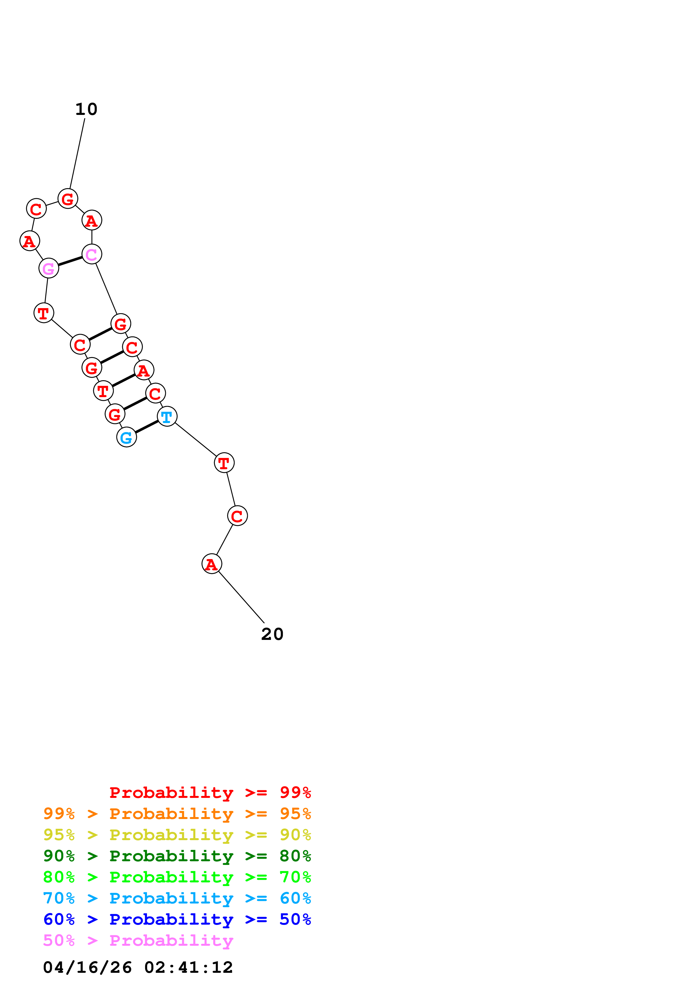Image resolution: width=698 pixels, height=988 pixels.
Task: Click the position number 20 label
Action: [x=272, y=634]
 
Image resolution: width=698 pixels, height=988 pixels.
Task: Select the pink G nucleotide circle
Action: [x=49, y=268]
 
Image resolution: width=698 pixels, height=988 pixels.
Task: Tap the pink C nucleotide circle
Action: [x=92, y=254]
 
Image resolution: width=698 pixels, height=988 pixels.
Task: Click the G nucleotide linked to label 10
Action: [x=68, y=199]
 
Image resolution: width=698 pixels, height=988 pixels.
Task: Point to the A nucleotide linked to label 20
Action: [x=211, y=564]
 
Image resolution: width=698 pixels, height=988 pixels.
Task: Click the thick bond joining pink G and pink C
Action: [x=70, y=261]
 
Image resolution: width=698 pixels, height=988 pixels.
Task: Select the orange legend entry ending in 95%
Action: [x=177, y=814]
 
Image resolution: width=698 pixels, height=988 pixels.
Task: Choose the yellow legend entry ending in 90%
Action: [x=177, y=835]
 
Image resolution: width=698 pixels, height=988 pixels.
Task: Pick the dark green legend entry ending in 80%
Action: [x=177, y=856]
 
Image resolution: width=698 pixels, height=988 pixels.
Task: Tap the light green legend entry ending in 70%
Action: [x=177, y=877]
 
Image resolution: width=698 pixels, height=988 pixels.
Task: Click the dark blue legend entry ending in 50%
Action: [x=177, y=919]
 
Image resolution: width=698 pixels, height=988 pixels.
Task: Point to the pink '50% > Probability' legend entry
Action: [x=138, y=940]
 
